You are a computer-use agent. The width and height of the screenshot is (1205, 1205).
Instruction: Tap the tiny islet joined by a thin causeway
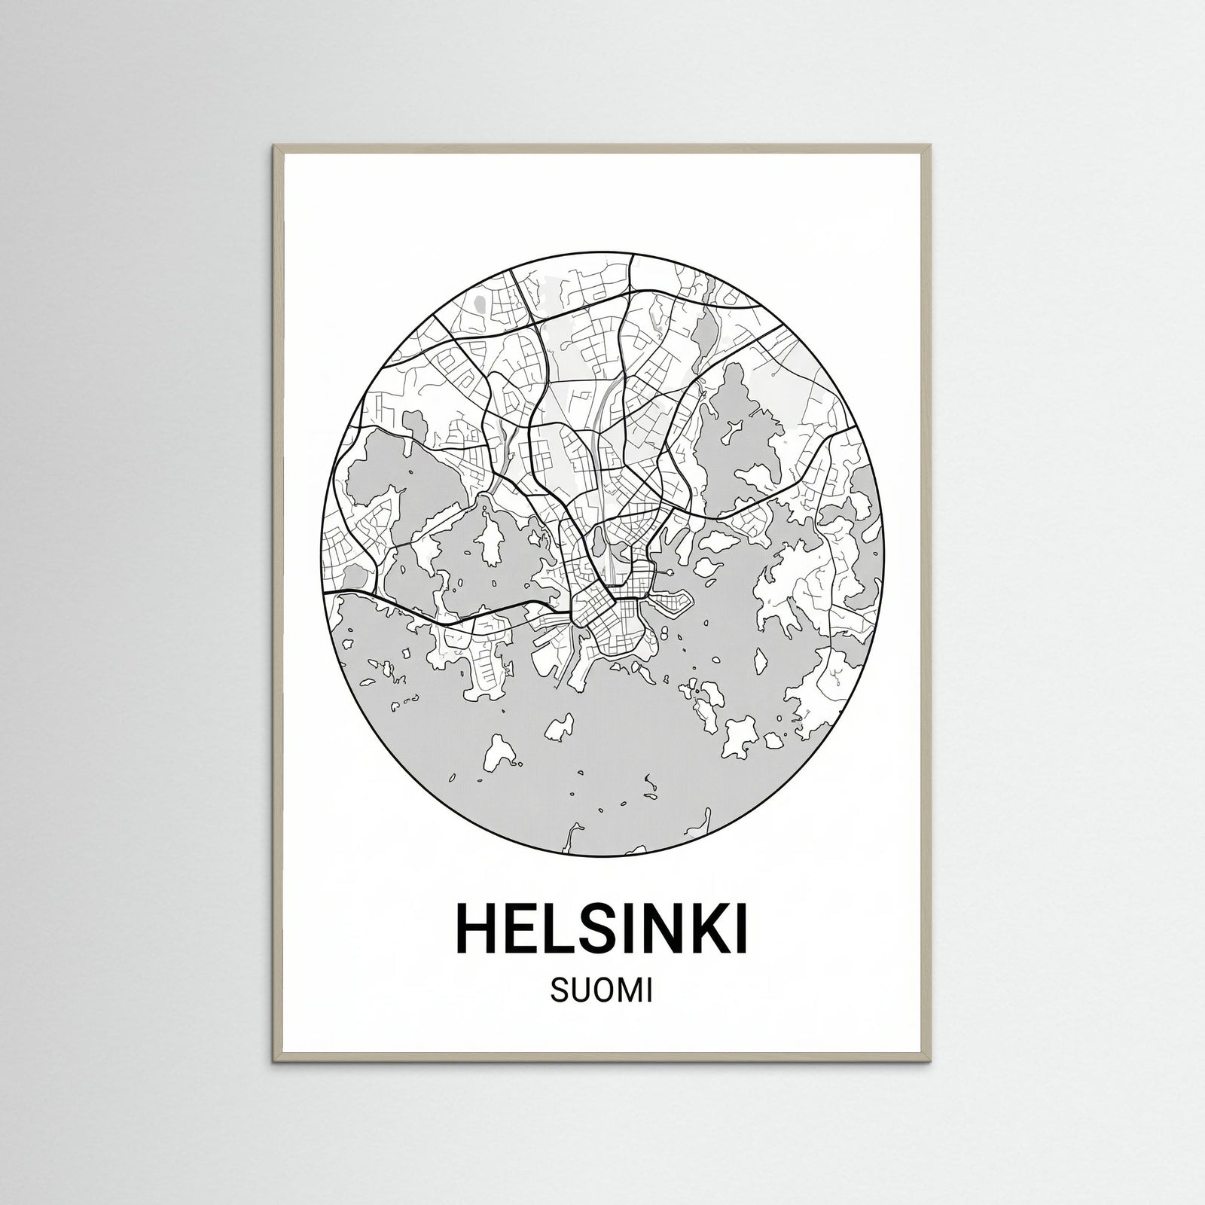(x=670, y=573)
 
